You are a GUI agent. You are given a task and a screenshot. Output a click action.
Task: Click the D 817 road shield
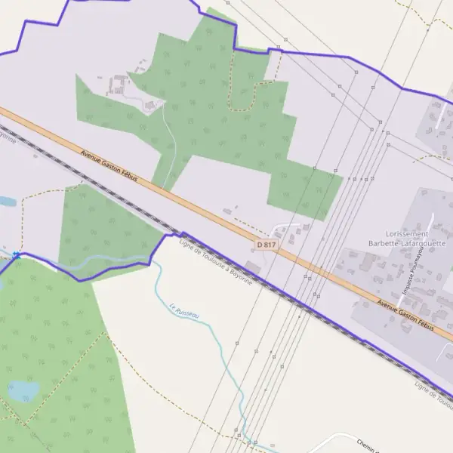(265, 245)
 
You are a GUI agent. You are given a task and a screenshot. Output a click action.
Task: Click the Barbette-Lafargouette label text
(406, 243)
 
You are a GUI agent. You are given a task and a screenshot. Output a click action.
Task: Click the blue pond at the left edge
(6, 202)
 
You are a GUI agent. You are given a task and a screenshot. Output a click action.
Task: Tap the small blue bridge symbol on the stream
(17, 254)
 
